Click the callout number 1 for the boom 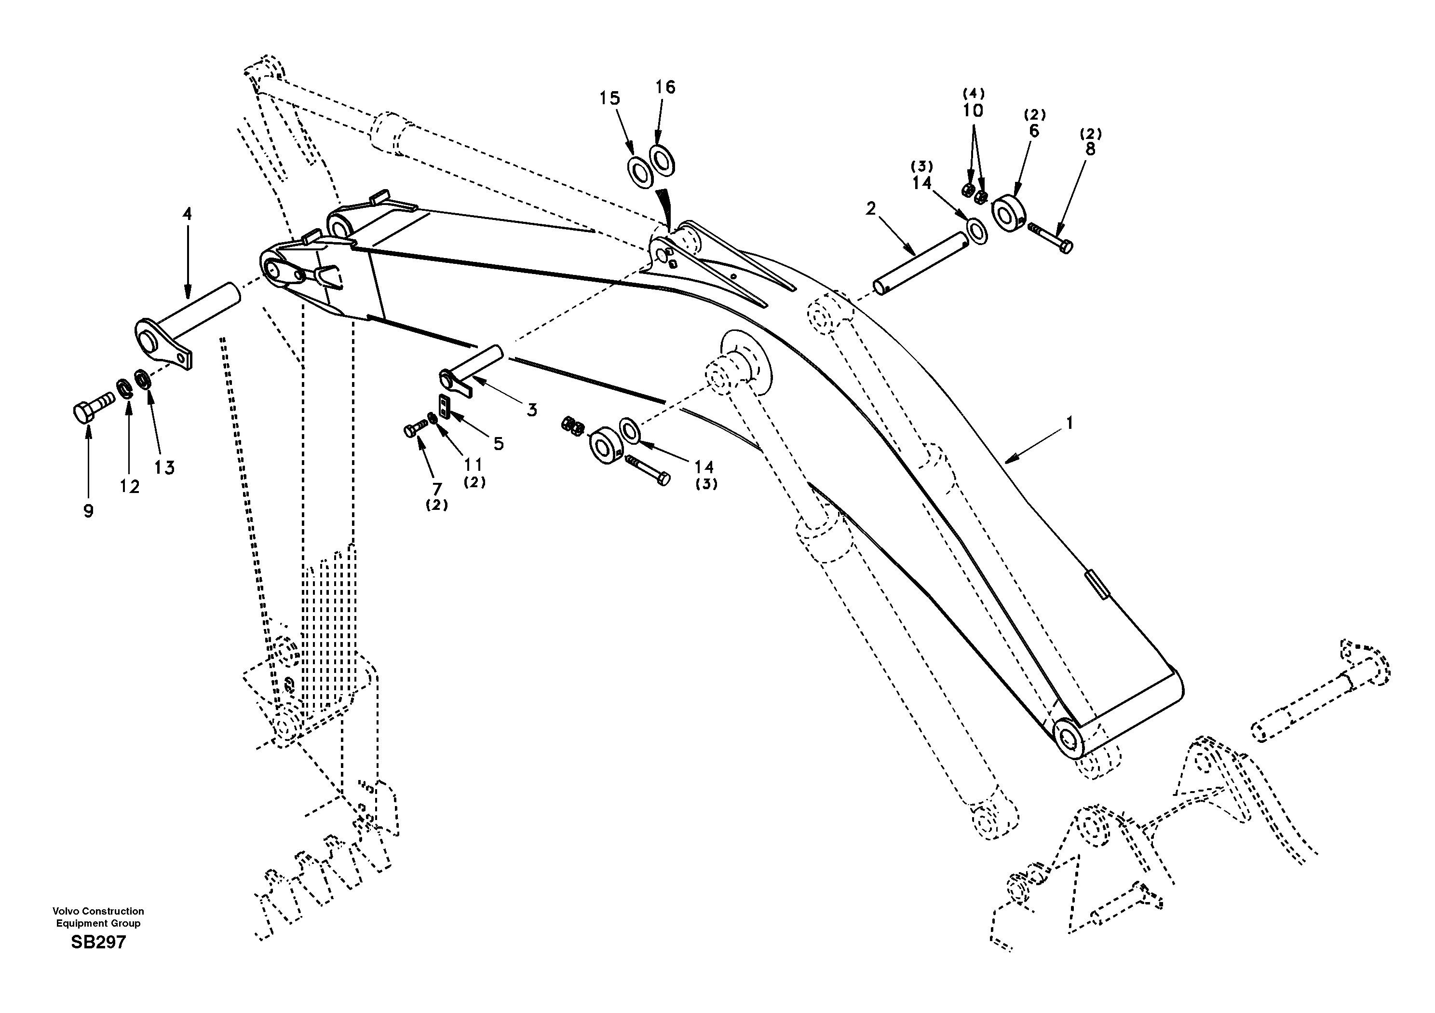click(1069, 424)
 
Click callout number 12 click(129, 487)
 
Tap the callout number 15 click(609, 99)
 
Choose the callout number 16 click(665, 87)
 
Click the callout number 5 click(498, 444)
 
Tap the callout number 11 click(473, 464)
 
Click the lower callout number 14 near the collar click(704, 467)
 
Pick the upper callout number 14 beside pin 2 click(921, 183)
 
